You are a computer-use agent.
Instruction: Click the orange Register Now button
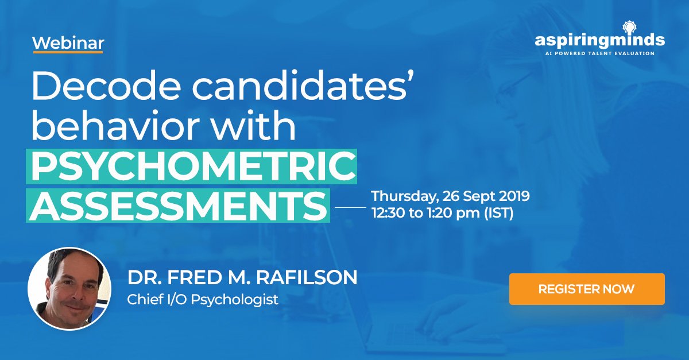tap(586, 289)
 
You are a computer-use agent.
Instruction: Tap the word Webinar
tap(68, 43)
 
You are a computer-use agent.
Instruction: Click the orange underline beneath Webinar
tap(68, 52)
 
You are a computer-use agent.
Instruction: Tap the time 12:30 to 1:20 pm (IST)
tap(442, 214)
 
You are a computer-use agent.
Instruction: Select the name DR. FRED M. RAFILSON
tap(242, 278)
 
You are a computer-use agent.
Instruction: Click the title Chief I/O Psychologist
tap(203, 299)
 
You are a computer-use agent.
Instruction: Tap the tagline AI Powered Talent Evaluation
tap(599, 53)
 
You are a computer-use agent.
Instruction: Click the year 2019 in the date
tap(512, 196)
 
